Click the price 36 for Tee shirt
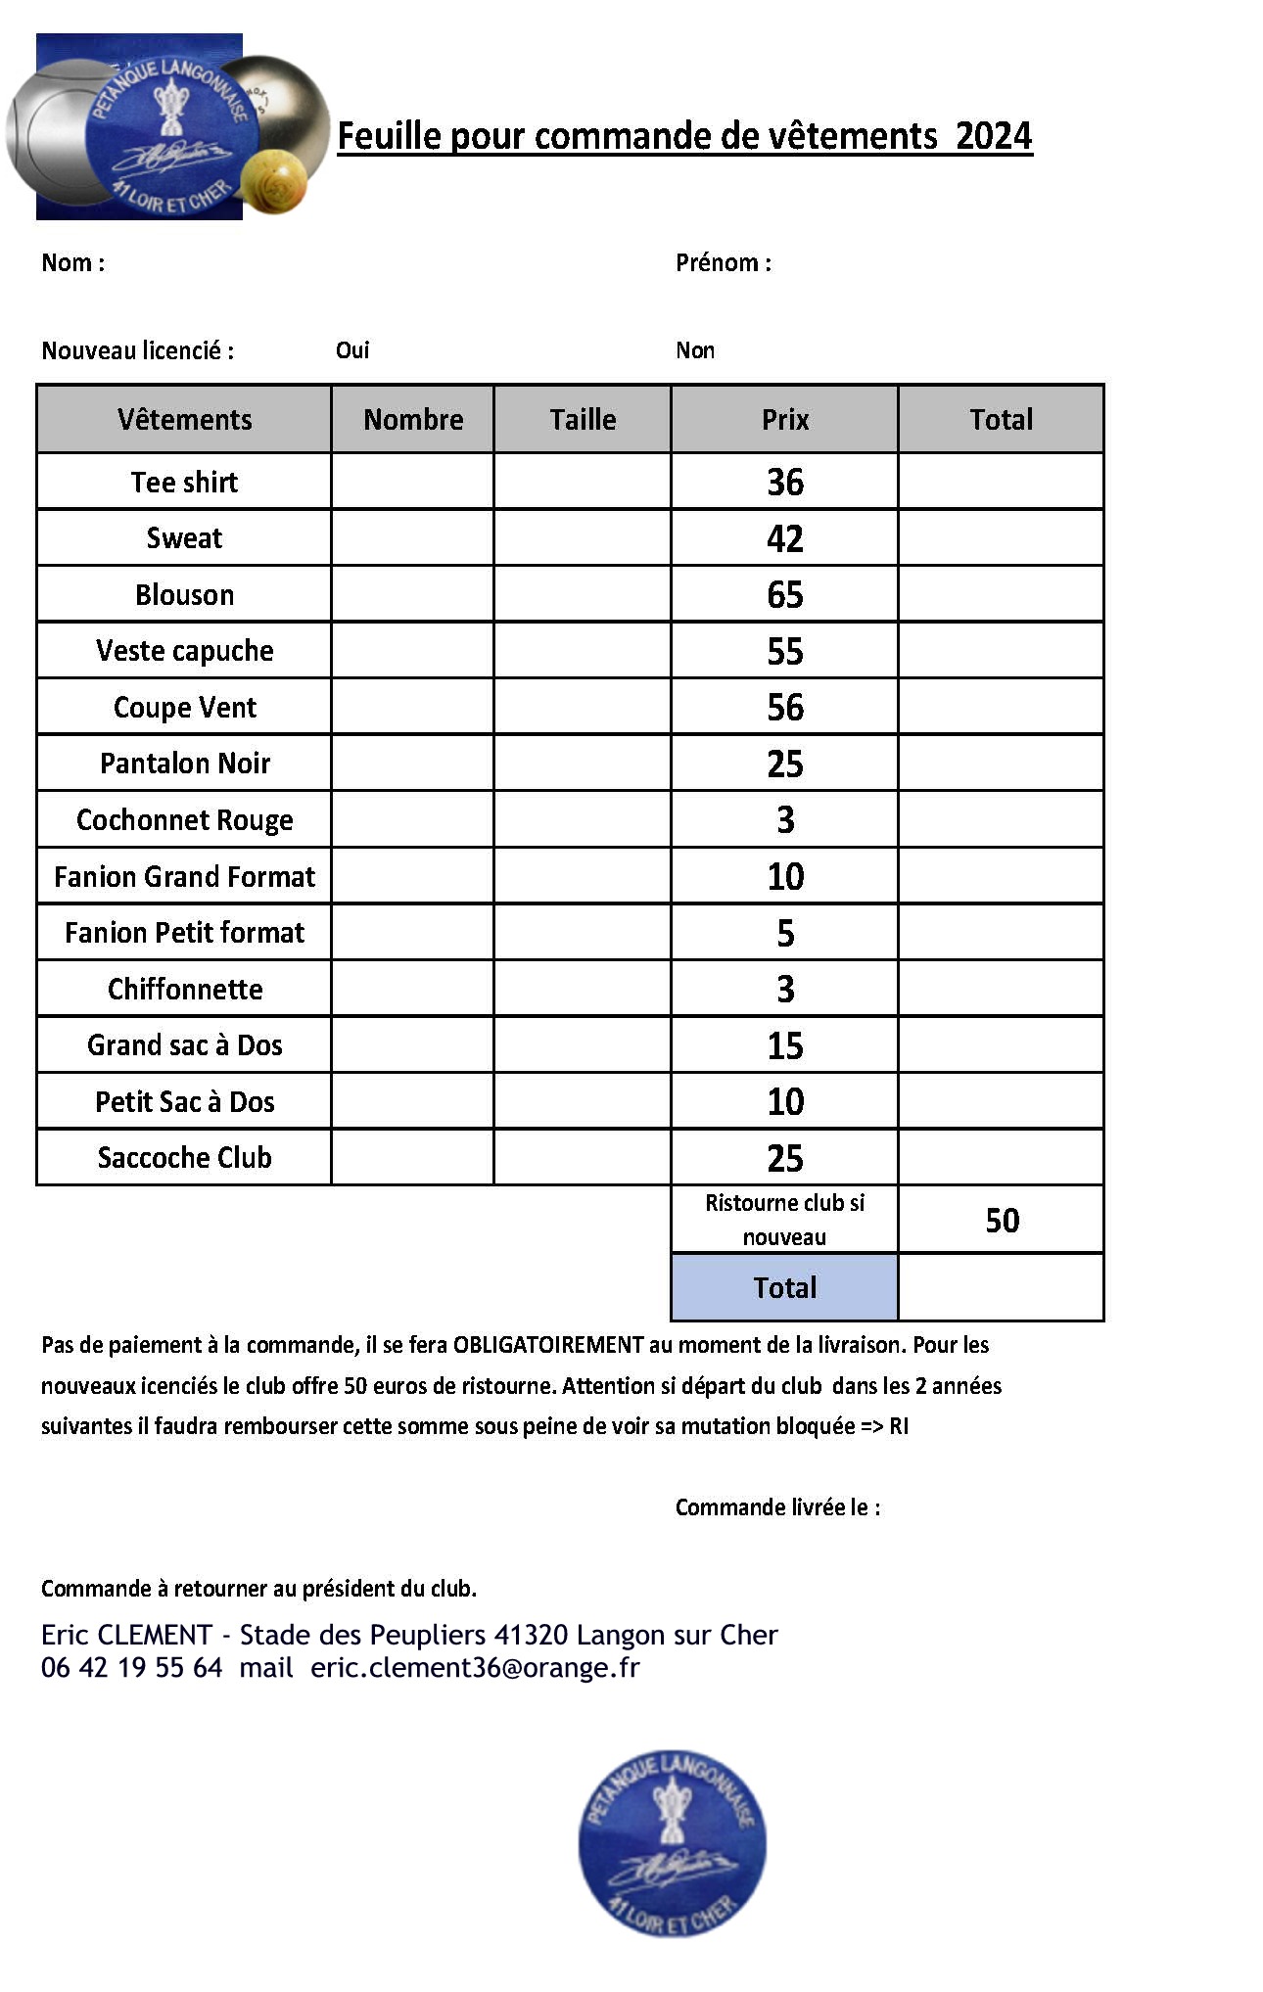coord(784,482)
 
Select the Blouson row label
coord(184,594)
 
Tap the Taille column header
coord(583,419)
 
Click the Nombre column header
coord(413,419)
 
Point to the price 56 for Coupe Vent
coord(784,707)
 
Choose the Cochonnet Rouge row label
coord(184,819)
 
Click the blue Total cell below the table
coord(784,1287)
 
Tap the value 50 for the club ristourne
coord(1002,1221)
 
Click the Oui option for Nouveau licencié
coord(352,350)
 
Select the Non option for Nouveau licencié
coord(695,350)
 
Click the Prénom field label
coord(723,262)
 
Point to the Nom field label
coord(72,262)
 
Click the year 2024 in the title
coord(994,136)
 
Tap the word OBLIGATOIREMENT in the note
coord(547,1345)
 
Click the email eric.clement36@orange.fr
coord(475,1668)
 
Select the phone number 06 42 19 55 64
coord(132,1668)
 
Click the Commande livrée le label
coord(777,1507)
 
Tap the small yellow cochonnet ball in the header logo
coord(273,182)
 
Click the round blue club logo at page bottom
coord(672,1843)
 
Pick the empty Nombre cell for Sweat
coord(412,537)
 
